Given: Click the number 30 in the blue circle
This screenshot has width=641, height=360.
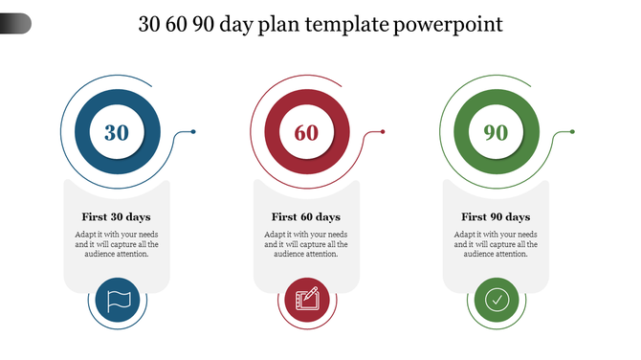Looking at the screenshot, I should click(117, 133).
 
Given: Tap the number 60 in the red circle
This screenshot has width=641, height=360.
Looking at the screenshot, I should click(306, 133).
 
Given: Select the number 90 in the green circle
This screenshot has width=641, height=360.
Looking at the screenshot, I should click(496, 133).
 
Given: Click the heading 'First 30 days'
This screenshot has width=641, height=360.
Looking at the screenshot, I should click(116, 216).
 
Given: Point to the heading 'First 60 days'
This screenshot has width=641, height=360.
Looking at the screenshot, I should click(306, 216).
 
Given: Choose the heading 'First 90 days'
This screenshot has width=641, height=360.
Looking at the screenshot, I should click(496, 216).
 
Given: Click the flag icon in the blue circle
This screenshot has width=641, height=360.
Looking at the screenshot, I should click(117, 301).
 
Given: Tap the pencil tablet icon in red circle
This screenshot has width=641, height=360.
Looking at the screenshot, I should click(306, 301).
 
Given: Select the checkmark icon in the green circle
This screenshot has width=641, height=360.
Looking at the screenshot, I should click(496, 301).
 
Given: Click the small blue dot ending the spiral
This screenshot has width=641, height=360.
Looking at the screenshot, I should click(193, 131).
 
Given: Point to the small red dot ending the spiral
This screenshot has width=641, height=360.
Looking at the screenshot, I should click(383, 131).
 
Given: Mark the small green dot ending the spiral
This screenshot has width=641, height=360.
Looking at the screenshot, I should click(572, 131).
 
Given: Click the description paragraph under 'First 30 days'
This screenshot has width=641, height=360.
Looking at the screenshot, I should click(117, 244).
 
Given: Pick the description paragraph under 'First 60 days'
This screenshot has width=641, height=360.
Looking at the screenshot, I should click(306, 244).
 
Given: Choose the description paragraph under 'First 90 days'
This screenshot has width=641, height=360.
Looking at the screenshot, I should click(496, 244).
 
